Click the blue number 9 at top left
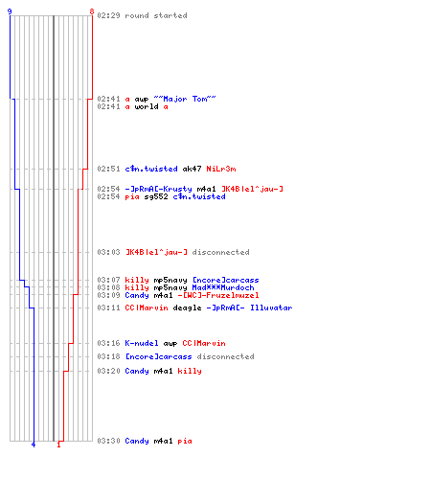pyautogui.click(x=10, y=11)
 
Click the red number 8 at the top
pyautogui.click(x=92, y=11)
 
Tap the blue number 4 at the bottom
pyautogui.click(x=34, y=445)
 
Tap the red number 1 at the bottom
pyautogui.click(x=58, y=445)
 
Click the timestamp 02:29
pyautogui.click(x=108, y=15)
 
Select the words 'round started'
pyautogui.click(x=156, y=15)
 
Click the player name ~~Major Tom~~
pyautogui.click(x=185, y=99)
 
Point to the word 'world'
pyautogui.click(x=147, y=106)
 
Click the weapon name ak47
pyautogui.click(x=192, y=169)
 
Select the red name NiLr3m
pyautogui.click(x=221, y=169)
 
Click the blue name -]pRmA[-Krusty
pyautogui.click(x=158, y=189)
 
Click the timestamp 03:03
pyautogui.click(x=108, y=252)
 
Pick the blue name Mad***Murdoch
pyautogui.click(x=223, y=287)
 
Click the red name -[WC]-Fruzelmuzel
pyautogui.click(x=218, y=295)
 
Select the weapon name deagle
pyautogui.click(x=187, y=308)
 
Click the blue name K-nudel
pyautogui.click(x=142, y=343)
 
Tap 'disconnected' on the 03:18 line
pyautogui.click(x=225, y=356)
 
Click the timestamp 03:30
pyautogui.click(x=108, y=441)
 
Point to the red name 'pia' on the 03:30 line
pyautogui.click(x=185, y=441)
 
